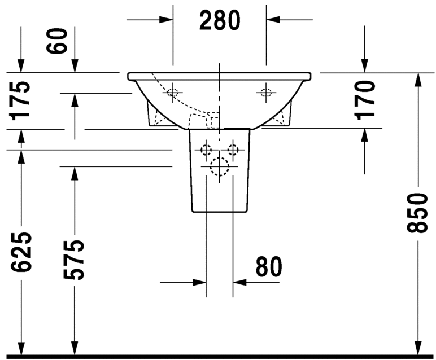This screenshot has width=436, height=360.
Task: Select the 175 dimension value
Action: pyautogui.click(x=21, y=99)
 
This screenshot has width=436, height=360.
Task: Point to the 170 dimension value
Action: pyautogui.click(x=365, y=99)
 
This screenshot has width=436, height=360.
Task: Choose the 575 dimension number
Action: pyautogui.click(x=74, y=260)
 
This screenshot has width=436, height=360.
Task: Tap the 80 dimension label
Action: pyautogui.click(x=268, y=267)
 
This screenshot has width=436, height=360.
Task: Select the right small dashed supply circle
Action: pyautogui.click(x=232, y=150)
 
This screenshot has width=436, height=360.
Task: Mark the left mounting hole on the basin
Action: pyautogui.click(x=173, y=93)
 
